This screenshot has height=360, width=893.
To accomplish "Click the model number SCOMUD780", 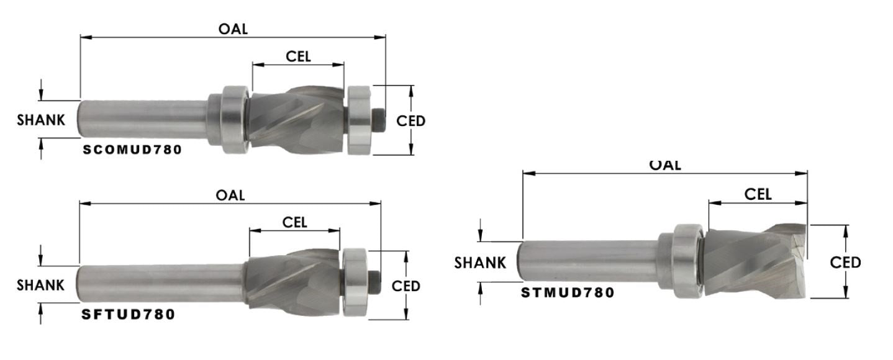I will pos(132,150).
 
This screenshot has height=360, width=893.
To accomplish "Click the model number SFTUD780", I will pos(129,315).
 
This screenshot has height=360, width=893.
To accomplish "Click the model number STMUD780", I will pos(568,292).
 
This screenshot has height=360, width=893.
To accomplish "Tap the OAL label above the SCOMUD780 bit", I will pos(233,29).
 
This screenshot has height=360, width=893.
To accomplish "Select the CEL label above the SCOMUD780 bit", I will pos(298,56).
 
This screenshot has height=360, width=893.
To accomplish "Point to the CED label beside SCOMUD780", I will pos(411,121).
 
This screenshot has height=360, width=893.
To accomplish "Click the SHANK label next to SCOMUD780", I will pos(41,120).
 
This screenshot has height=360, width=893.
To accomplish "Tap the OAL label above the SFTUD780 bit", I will pos(230,195).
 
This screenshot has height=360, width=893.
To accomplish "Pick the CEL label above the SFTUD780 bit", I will pos(295,222).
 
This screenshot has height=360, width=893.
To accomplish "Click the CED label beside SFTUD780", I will pos(406,286).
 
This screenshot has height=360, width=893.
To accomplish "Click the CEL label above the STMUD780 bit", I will pos(758,194).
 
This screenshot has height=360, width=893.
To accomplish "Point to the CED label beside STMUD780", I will pos(846,263).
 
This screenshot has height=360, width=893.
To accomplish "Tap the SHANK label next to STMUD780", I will pos(480,263).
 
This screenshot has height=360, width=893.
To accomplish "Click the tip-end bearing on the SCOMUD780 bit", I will pos(359,121).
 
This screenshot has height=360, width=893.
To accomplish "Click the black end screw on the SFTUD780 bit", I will pos(374,281).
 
